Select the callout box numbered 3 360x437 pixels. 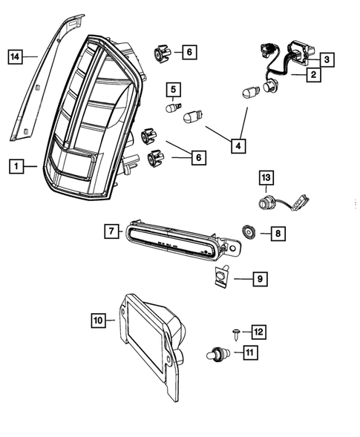[327, 57]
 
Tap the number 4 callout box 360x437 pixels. [238, 147]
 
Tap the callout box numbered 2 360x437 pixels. [314, 75]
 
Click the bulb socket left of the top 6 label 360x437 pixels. [162, 53]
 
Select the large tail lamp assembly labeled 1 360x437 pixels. [93, 126]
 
